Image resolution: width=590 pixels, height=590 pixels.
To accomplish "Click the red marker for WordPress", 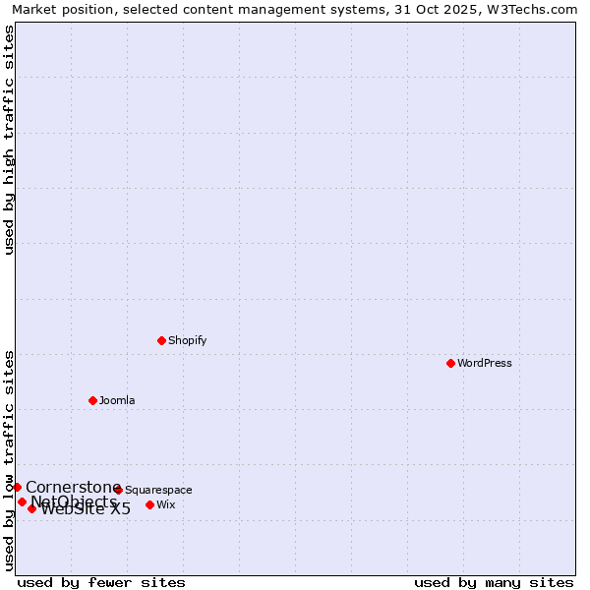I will pyautogui.click(x=450, y=363).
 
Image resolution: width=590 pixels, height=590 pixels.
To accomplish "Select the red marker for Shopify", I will pyautogui.click(x=161, y=340).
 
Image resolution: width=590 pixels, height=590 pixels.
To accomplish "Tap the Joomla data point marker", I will pyautogui.click(x=92, y=400).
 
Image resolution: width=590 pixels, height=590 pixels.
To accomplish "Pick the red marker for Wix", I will pyautogui.click(x=149, y=504).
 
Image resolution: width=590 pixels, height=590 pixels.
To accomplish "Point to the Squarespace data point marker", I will pyautogui.click(x=118, y=490).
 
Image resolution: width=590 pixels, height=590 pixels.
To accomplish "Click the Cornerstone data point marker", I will pyautogui.click(x=17, y=487).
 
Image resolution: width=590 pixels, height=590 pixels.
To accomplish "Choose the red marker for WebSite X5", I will pyautogui.click(x=31, y=508).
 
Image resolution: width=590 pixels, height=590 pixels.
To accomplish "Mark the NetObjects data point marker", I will pyautogui.click(x=22, y=501).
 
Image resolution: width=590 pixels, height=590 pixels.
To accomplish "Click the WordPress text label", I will pyautogui.click(x=485, y=364).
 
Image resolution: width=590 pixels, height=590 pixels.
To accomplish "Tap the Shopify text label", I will pyautogui.click(x=188, y=341).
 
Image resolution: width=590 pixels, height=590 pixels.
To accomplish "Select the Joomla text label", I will pyautogui.click(x=117, y=401).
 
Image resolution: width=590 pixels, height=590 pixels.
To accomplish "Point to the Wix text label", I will pyautogui.click(x=166, y=505).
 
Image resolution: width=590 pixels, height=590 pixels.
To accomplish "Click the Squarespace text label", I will pyautogui.click(x=158, y=491).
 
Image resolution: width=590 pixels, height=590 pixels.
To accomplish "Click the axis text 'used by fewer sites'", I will pyautogui.click(x=101, y=582).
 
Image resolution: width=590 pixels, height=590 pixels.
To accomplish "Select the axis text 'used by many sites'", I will pyautogui.click(x=494, y=582).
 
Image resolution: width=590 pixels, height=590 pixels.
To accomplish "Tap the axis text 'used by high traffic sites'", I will pyautogui.click(x=9, y=139).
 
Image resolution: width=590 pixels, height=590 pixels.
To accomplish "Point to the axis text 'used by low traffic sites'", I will pyautogui.click(x=9, y=460).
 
